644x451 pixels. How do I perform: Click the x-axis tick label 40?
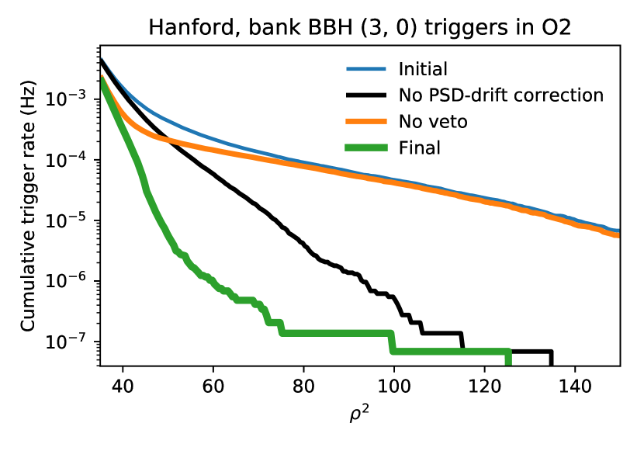coord(123,386)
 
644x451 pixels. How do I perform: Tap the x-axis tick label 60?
coord(213,386)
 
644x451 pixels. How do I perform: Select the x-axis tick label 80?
coord(303,386)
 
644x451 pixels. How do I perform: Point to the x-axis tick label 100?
coord(394,386)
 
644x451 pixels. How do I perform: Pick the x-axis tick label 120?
coord(485,386)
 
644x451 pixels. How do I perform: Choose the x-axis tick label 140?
coord(575,386)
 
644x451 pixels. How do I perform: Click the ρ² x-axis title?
coord(359,414)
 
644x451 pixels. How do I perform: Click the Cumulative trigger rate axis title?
coord(29,206)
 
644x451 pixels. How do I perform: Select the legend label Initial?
coord(423,69)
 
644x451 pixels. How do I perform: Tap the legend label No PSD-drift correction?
coord(501,95)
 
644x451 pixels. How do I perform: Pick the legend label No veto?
coord(433,122)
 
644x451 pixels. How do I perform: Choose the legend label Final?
coord(419,147)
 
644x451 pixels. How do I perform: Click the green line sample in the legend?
coord(366,147)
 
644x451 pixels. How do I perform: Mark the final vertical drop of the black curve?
coord(551,358)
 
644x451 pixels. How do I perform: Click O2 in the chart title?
coord(557,29)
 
